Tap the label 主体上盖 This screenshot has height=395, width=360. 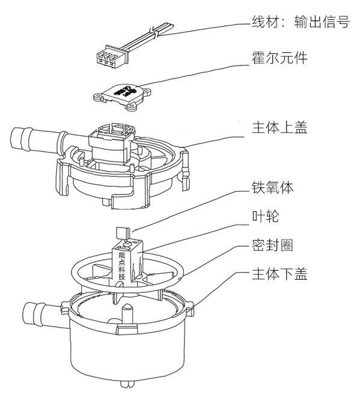(x=279, y=128)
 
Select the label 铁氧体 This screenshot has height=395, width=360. (x=272, y=188)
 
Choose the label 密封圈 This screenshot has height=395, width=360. (x=272, y=246)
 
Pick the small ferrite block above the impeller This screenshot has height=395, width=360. (x=121, y=231)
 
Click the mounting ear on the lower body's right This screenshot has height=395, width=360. (x=191, y=310)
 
